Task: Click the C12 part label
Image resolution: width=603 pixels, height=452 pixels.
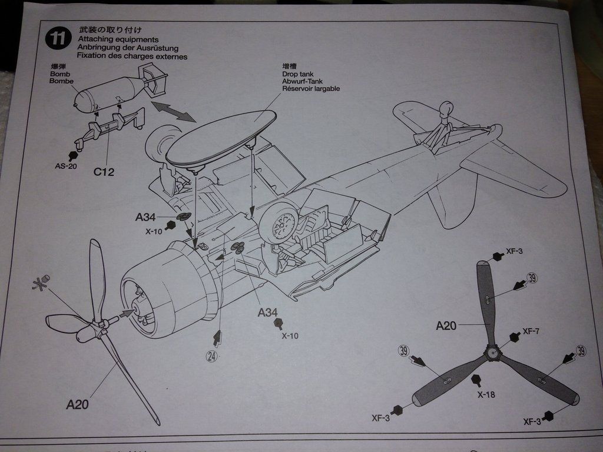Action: pyautogui.click(x=104, y=172)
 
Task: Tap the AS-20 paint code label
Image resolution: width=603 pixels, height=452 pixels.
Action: pyautogui.click(x=67, y=166)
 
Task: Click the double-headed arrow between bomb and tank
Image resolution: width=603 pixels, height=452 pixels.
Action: pyautogui.click(x=174, y=111)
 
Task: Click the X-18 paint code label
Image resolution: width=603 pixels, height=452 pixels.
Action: pyautogui.click(x=486, y=394)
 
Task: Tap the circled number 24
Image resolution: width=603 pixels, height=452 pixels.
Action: pyautogui.click(x=212, y=355)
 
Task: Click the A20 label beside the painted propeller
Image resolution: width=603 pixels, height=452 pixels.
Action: pyautogui.click(x=446, y=325)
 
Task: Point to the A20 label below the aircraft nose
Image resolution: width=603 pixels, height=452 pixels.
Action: pyautogui.click(x=78, y=404)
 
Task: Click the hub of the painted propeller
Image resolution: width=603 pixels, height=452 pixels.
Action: pyautogui.click(x=491, y=352)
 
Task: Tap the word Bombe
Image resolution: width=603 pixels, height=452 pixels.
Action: pyautogui.click(x=61, y=81)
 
